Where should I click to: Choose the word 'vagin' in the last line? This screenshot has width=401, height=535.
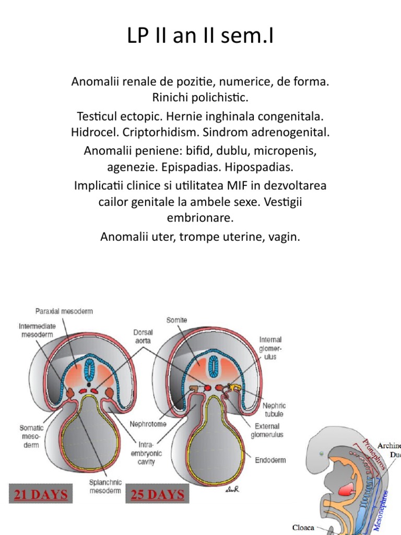[286, 237]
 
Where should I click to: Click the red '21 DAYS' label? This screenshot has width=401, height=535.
[41, 494]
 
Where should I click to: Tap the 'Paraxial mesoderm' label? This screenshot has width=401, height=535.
[64, 311]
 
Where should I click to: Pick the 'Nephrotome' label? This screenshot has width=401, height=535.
[148, 424]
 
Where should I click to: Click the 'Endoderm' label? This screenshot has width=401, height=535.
[269, 460]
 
